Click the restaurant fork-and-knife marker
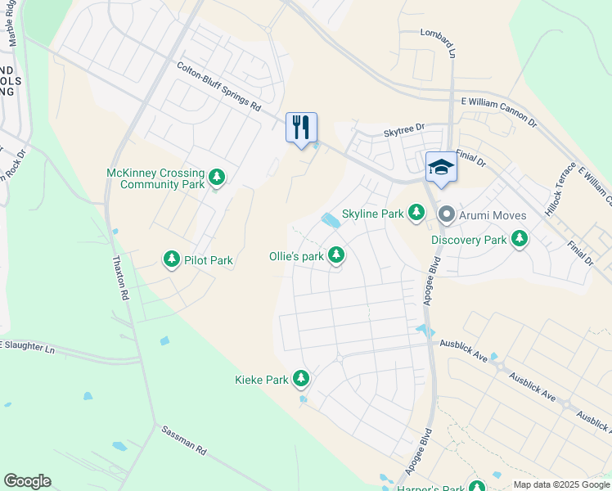(301, 128)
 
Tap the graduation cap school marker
(441, 167)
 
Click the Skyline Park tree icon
(417, 214)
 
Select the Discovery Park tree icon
(519, 239)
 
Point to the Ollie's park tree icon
(335, 256)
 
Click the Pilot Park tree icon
(172, 260)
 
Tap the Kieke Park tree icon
(302, 379)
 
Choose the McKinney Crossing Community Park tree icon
(217, 177)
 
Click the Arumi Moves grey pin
(447, 215)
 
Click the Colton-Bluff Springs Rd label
(218, 88)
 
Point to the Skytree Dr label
(404, 128)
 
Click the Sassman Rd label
(184, 440)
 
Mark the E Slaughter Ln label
(27, 347)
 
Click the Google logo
(28, 481)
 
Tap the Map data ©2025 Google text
(561, 484)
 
